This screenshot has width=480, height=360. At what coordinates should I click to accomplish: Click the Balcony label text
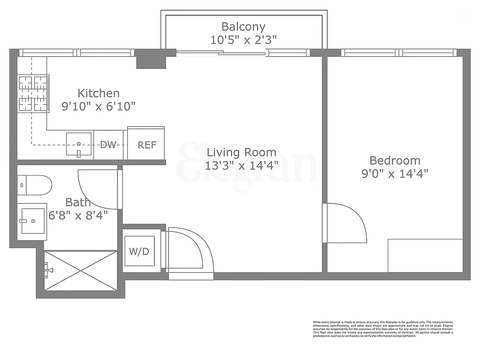[x=243, y=27]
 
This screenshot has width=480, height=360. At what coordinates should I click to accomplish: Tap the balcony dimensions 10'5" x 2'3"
[x=243, y=40]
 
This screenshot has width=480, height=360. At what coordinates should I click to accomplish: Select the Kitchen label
[x=99, y=93]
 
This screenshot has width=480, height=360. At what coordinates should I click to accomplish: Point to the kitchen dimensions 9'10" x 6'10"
[x=99, y=106]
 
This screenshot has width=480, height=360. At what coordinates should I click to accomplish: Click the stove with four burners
[x=33, y=94]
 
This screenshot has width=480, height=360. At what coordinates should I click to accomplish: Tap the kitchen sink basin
[x=79, y=144]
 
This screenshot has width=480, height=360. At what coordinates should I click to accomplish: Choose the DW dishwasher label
[x=108, y=145]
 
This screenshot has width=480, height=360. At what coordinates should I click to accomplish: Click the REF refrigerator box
[x=147, y=145]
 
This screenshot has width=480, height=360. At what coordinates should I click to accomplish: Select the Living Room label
[x=241, y=152]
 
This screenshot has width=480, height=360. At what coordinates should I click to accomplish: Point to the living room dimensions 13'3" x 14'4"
[x=241, y=165]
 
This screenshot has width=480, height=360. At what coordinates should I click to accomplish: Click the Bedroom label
[x=395, y=160]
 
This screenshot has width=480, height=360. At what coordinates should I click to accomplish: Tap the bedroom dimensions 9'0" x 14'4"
[x=395, y=173]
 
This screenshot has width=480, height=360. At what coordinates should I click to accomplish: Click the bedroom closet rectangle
[x=425, y=255]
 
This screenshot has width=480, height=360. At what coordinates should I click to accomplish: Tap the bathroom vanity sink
[x=32, y=221]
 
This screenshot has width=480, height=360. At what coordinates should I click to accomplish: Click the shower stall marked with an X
[x=81, y=270]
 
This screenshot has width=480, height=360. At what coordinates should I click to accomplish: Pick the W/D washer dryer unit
[x=139, y=252]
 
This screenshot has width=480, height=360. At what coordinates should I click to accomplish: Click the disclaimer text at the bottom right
[x=383, y=329]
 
